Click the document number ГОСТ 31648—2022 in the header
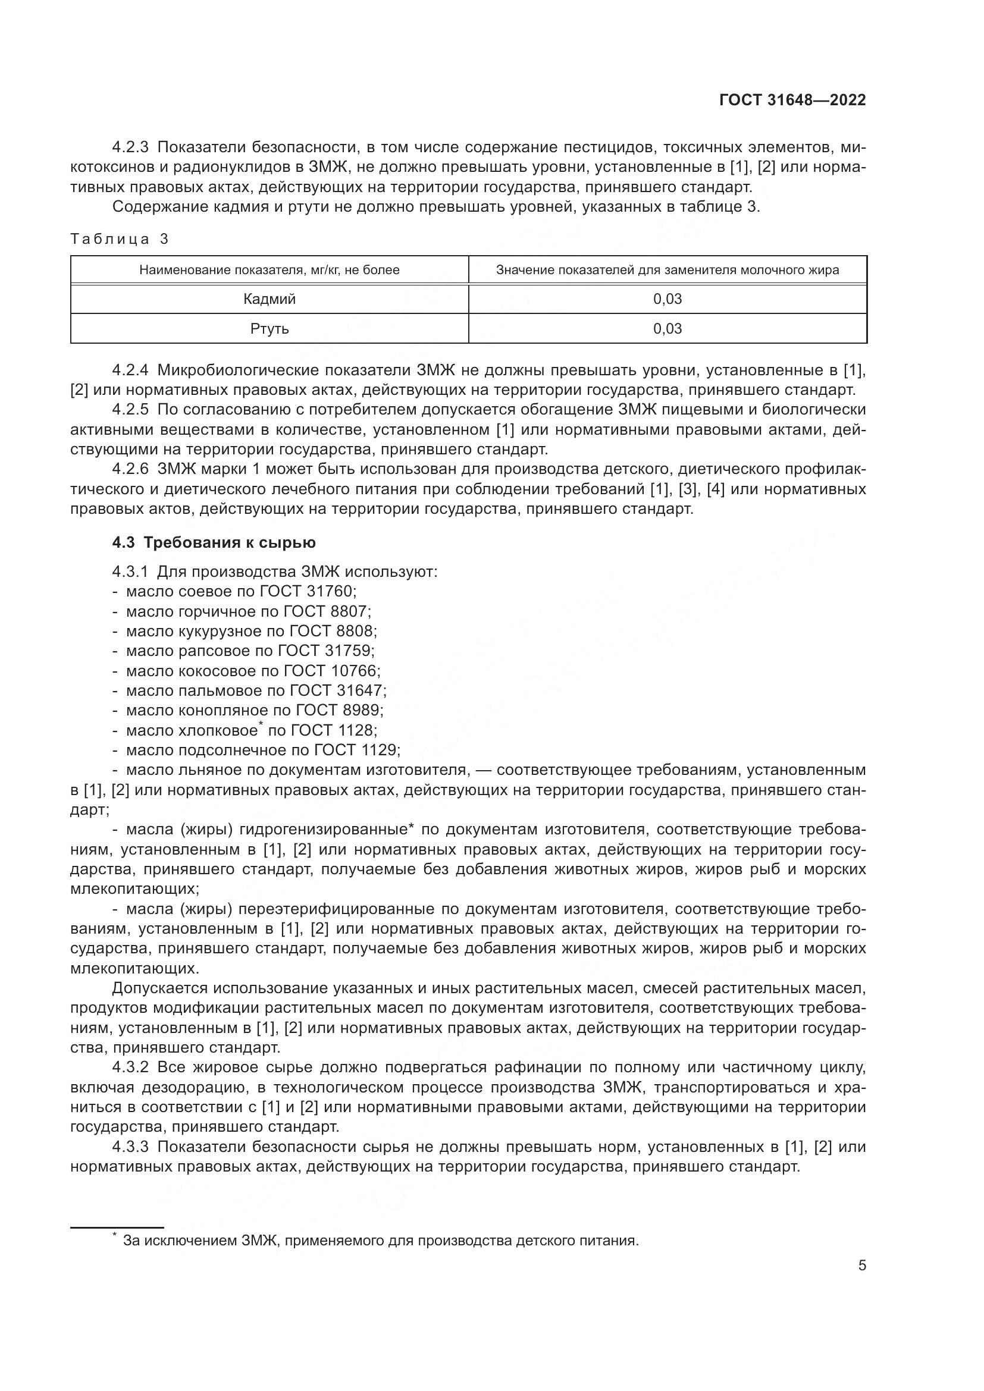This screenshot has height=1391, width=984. coord(792,100)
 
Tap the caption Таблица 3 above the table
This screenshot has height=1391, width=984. coord(120,238)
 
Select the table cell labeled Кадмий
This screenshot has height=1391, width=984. coord(269,299)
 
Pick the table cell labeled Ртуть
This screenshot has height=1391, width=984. coord(269,328)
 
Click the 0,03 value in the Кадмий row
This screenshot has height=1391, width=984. coord(667,299)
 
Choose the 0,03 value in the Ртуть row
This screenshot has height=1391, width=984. coord(667,328)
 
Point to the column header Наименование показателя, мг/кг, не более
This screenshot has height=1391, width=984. coord(269,269)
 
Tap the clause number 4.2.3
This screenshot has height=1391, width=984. coord(130,147)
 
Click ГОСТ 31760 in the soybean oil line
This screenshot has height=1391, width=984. coord(307,591)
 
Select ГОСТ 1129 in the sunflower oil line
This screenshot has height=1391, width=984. coord(356,750)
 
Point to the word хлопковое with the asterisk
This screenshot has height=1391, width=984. coord(218,731)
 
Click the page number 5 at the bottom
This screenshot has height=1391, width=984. coord(861,1266)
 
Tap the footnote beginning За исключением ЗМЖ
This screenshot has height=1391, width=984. coord(380,1241)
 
